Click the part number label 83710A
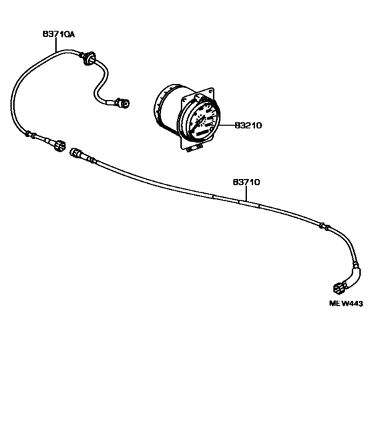(x=59, y=34)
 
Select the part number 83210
(x=248, y=126)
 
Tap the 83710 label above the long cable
(x=246, y=182)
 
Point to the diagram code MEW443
(x=346, y=303)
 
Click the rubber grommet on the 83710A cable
(x=89, y=57)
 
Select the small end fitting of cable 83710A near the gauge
(x=122, y=103)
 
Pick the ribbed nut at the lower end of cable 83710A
(x=60, y=146)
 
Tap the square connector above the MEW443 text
(x=339, y=289)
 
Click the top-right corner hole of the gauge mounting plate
(x=210, y=92)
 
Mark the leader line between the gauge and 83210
(x=226, y=125)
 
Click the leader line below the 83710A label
(x=56, y=45)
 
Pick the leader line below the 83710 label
(x=246, y=194)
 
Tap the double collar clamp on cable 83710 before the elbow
(x=324, y=226)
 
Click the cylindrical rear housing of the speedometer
(x=168, y=108)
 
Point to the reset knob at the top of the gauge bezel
(x=199, y=98)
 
